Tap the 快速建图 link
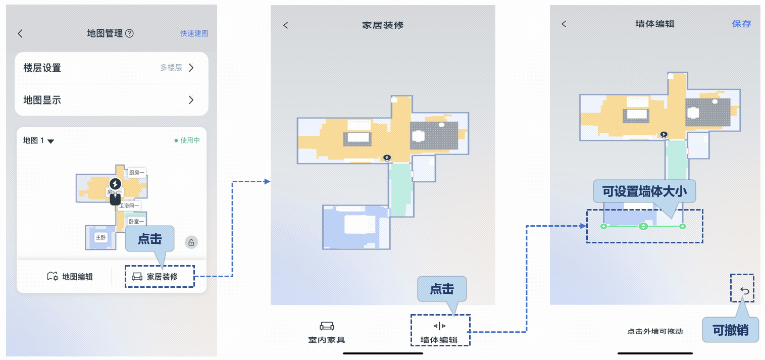[194, 33]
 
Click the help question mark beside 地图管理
[129, 33]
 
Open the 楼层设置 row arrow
[191, 68]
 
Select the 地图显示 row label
[42, 100]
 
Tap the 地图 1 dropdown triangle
[50, 141]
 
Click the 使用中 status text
[189, 140]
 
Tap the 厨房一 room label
[136, 173]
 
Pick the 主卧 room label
[101, 237]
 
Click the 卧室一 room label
[136, 222]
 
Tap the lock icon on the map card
[191, 242]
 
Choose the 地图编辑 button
[70, 277]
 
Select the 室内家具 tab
[327, 333]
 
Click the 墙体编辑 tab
[439, 333]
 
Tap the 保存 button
[741, 24]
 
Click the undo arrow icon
[745, 290]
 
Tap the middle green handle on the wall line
[643, 226]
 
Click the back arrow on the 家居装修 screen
[286, 25]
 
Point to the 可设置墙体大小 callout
[644, 192]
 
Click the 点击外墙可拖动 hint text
[655, 332]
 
